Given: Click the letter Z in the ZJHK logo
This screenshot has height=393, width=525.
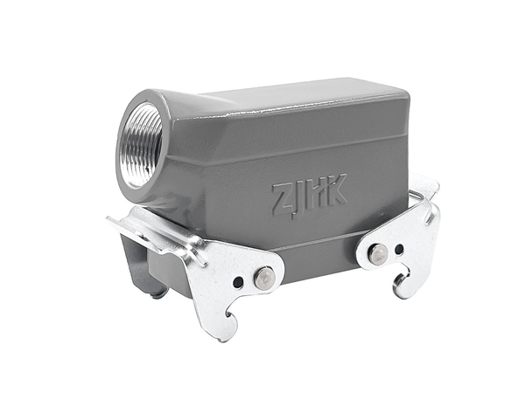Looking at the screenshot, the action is click(282, 199).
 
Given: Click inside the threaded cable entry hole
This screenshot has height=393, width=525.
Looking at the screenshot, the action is click(140, 144).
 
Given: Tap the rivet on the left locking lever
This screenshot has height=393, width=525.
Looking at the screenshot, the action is click(264, 277).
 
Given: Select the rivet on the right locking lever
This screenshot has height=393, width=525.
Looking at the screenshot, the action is click(377, 253).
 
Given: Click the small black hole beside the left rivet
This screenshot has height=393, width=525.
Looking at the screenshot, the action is click(238, 283).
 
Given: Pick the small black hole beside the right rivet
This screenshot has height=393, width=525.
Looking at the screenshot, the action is click(399, 249).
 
